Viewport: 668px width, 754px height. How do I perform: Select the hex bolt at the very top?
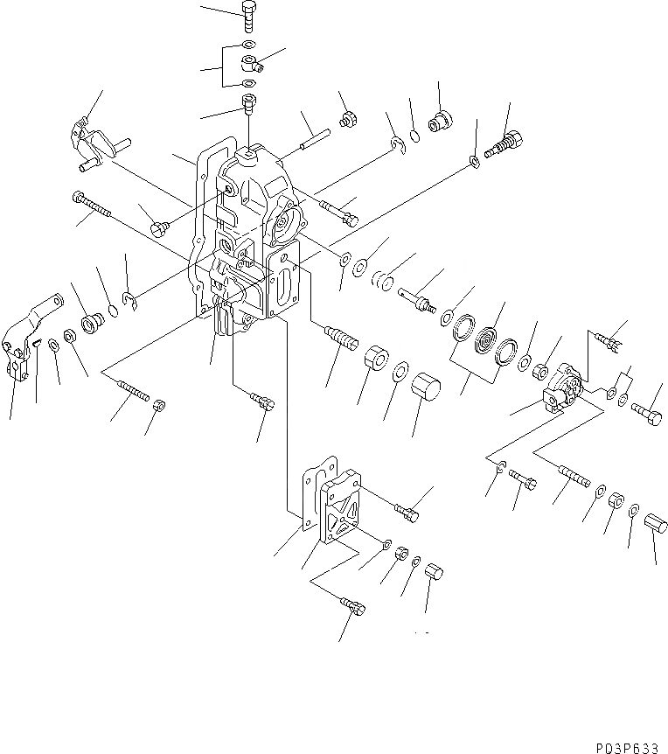(x=247, y=15)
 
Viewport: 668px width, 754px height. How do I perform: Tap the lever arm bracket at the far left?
(x=19, y=345)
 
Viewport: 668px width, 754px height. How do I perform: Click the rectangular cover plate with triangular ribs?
(x=342, y=512)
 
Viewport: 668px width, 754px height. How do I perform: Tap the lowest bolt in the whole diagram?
(x=350, y=604)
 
